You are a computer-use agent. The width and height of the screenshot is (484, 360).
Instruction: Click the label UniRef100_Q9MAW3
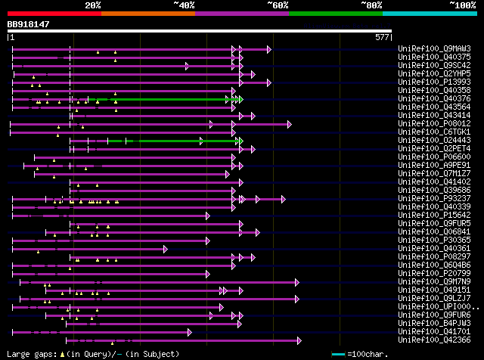[427, 49]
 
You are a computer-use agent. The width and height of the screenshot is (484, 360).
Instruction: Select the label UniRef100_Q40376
[427, 99]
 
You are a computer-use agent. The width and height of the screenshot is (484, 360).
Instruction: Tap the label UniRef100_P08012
[427, 124]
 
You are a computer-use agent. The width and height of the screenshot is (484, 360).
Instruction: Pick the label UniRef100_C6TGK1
[427, 132]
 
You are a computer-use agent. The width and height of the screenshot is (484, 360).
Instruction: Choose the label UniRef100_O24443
[427, 141]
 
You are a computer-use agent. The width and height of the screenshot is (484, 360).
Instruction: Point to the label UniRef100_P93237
[427, 199]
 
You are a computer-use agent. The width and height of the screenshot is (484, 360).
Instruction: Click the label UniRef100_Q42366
[427, 340]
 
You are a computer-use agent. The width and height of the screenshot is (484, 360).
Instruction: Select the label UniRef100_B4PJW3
[427, 324]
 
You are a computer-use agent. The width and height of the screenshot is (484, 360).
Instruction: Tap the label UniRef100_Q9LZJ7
[427, 299]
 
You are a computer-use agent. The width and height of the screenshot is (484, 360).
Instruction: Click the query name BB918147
[29, 25]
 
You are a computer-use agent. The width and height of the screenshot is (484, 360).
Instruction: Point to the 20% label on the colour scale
[93, 5]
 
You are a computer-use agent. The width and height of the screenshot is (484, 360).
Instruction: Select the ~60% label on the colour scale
[278, 5]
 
